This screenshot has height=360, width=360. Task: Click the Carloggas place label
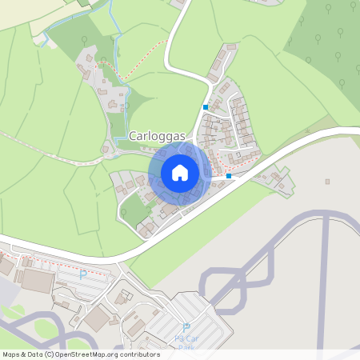tap(157, 137)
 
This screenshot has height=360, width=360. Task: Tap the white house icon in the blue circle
tap(179, 172)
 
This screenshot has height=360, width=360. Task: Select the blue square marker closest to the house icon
tap(229, 176)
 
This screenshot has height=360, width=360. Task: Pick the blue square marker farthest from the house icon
tap(206, 107)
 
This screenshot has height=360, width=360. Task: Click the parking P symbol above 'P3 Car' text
tap(186, 328)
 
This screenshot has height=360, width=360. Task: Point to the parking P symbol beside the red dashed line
tap(82, 274)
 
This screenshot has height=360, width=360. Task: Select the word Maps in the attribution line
tap(11, 354)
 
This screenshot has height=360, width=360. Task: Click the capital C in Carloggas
tap(133, 137)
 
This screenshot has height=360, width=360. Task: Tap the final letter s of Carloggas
tap(182, 137)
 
